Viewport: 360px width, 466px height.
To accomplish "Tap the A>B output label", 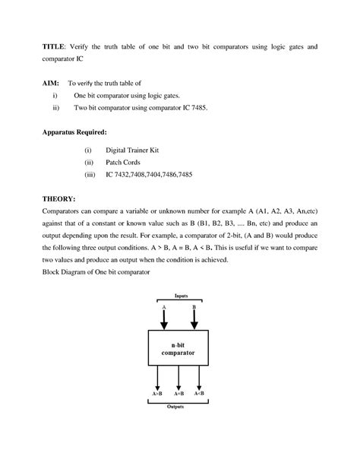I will pyautogui.click(x=155, y=393).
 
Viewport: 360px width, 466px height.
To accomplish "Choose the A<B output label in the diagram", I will pyautogui.click(x=200, y=393).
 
